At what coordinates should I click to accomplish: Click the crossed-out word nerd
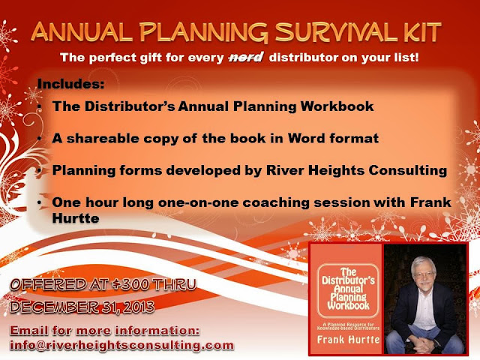pos(246,57)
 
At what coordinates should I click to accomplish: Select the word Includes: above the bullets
pos(70,83)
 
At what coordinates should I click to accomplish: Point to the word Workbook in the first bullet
pos(337,106)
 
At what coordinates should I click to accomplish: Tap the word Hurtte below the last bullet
pos(76,218)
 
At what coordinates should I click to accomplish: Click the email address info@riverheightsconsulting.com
pos(121,345)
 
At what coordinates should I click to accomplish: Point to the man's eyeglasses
pos(424,274)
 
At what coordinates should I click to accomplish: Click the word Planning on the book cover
pos(348,297)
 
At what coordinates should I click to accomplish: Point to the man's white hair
pos(424,264)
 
